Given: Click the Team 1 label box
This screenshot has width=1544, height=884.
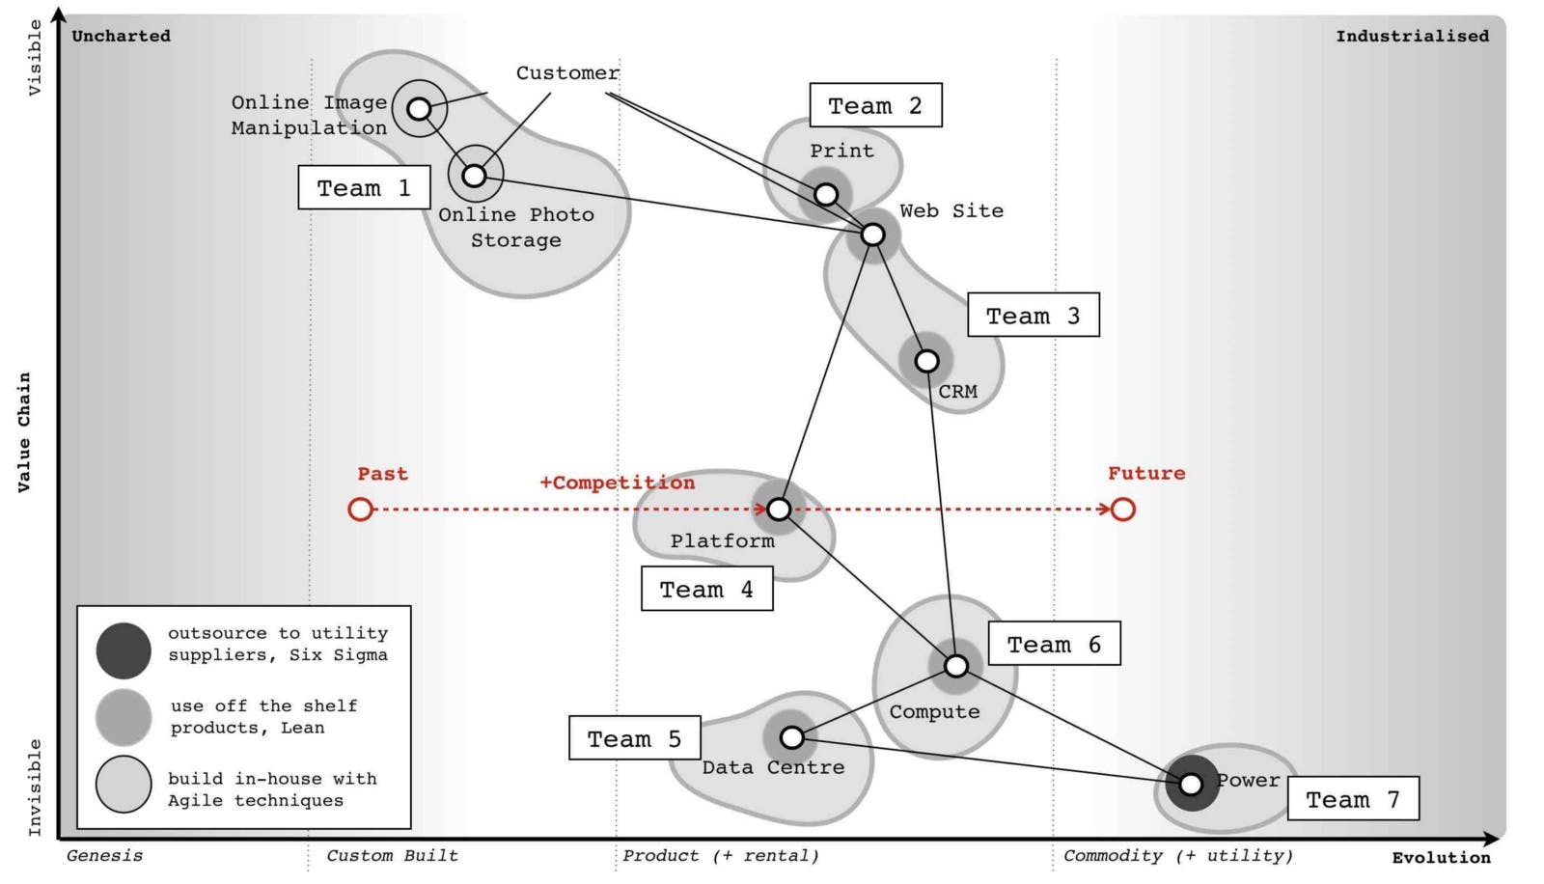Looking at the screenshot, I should pyautogui.click(x=364, y=188).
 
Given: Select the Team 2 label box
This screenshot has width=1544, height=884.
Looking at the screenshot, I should pyautogui.click(x=875, y=105).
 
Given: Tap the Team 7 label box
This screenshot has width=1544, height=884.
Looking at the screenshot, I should pyautogui.click(x=1353, y=799).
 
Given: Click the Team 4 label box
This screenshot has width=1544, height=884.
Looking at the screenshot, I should pyautogui.click(x=706, y=589).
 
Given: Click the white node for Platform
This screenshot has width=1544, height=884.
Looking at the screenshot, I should pyautogui.click(x=779, y=509).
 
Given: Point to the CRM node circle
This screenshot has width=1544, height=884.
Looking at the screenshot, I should pyautogui.click(x=926, y=361).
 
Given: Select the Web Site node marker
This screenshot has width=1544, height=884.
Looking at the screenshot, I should pyautogui.click(x=872, y=235).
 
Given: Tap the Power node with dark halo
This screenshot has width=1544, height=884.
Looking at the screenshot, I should pyautogui.click(x=1191, y=784).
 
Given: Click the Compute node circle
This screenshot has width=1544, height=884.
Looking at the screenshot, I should pyautogui.click(x=955, y=666).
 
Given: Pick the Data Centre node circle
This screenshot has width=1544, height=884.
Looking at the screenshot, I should pyautogui.click(x=791, y=737).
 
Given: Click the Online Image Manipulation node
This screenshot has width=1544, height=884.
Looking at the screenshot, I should pyautogui.click(x=419, y=109).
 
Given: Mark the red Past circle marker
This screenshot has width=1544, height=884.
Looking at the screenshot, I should pyautogui.click(x=360, y=509).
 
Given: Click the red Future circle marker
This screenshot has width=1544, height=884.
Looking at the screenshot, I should pyautogui.click(x=1122, y=509).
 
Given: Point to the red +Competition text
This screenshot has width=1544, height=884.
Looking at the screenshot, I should pyautogui.click(x=617, y=483).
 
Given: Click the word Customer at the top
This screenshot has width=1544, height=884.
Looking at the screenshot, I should pyautogui.click(x=567, y=73).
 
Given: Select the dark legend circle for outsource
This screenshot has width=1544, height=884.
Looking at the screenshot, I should pyautogui.click(x=124, y=650).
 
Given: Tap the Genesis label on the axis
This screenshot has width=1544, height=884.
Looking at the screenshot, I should pyautogui.click(x=104, y=855).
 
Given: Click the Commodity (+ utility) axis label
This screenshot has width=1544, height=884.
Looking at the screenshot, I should pyautogui.click(x=1177, y=855).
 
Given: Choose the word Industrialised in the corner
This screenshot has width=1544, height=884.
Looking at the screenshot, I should pyautogui.click(x=1412, y=37).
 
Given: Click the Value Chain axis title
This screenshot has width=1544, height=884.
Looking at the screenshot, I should pyautogui.click(x=24, y=432).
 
